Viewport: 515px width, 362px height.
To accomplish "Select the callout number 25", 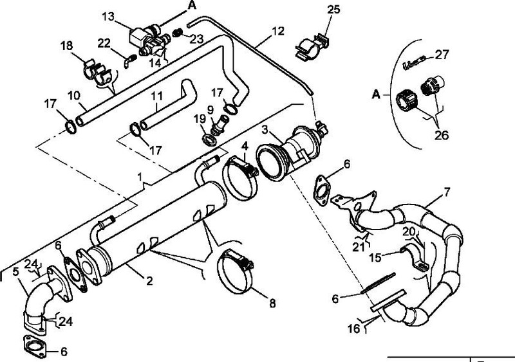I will [333, 11].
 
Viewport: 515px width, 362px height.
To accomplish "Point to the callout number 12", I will [277, 30].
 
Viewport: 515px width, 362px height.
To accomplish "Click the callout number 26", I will [443, 136].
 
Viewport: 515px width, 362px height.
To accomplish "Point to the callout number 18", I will [67, 46].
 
